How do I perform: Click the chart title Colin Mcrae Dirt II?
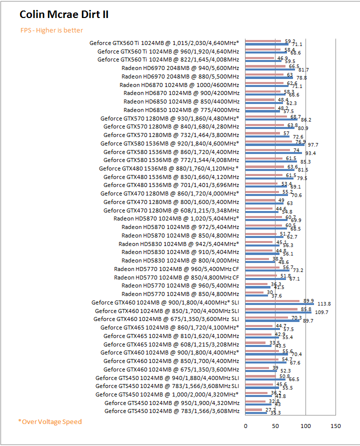point(64,14)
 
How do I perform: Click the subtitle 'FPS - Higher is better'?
point(51,30)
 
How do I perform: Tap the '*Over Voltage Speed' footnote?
point(50,421)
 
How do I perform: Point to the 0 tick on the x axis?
point(245,426)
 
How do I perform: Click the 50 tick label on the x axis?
point(275,426)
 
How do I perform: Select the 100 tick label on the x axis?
point(305,426)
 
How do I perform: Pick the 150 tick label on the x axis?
point(335,426)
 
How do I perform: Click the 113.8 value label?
point(324,303)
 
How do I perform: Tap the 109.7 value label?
point(321,312)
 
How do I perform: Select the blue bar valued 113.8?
point(279,303)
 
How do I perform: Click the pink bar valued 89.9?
point(272,301)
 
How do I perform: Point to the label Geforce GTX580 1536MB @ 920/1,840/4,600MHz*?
point(169,143)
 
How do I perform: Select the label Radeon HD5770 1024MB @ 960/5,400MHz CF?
point(176,269)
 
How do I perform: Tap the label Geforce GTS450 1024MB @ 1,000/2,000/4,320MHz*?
point(167,394)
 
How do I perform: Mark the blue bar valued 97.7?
point(274,145)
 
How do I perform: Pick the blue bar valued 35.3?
point(256,412)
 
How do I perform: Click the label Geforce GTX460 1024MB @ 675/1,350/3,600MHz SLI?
point(166,319)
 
